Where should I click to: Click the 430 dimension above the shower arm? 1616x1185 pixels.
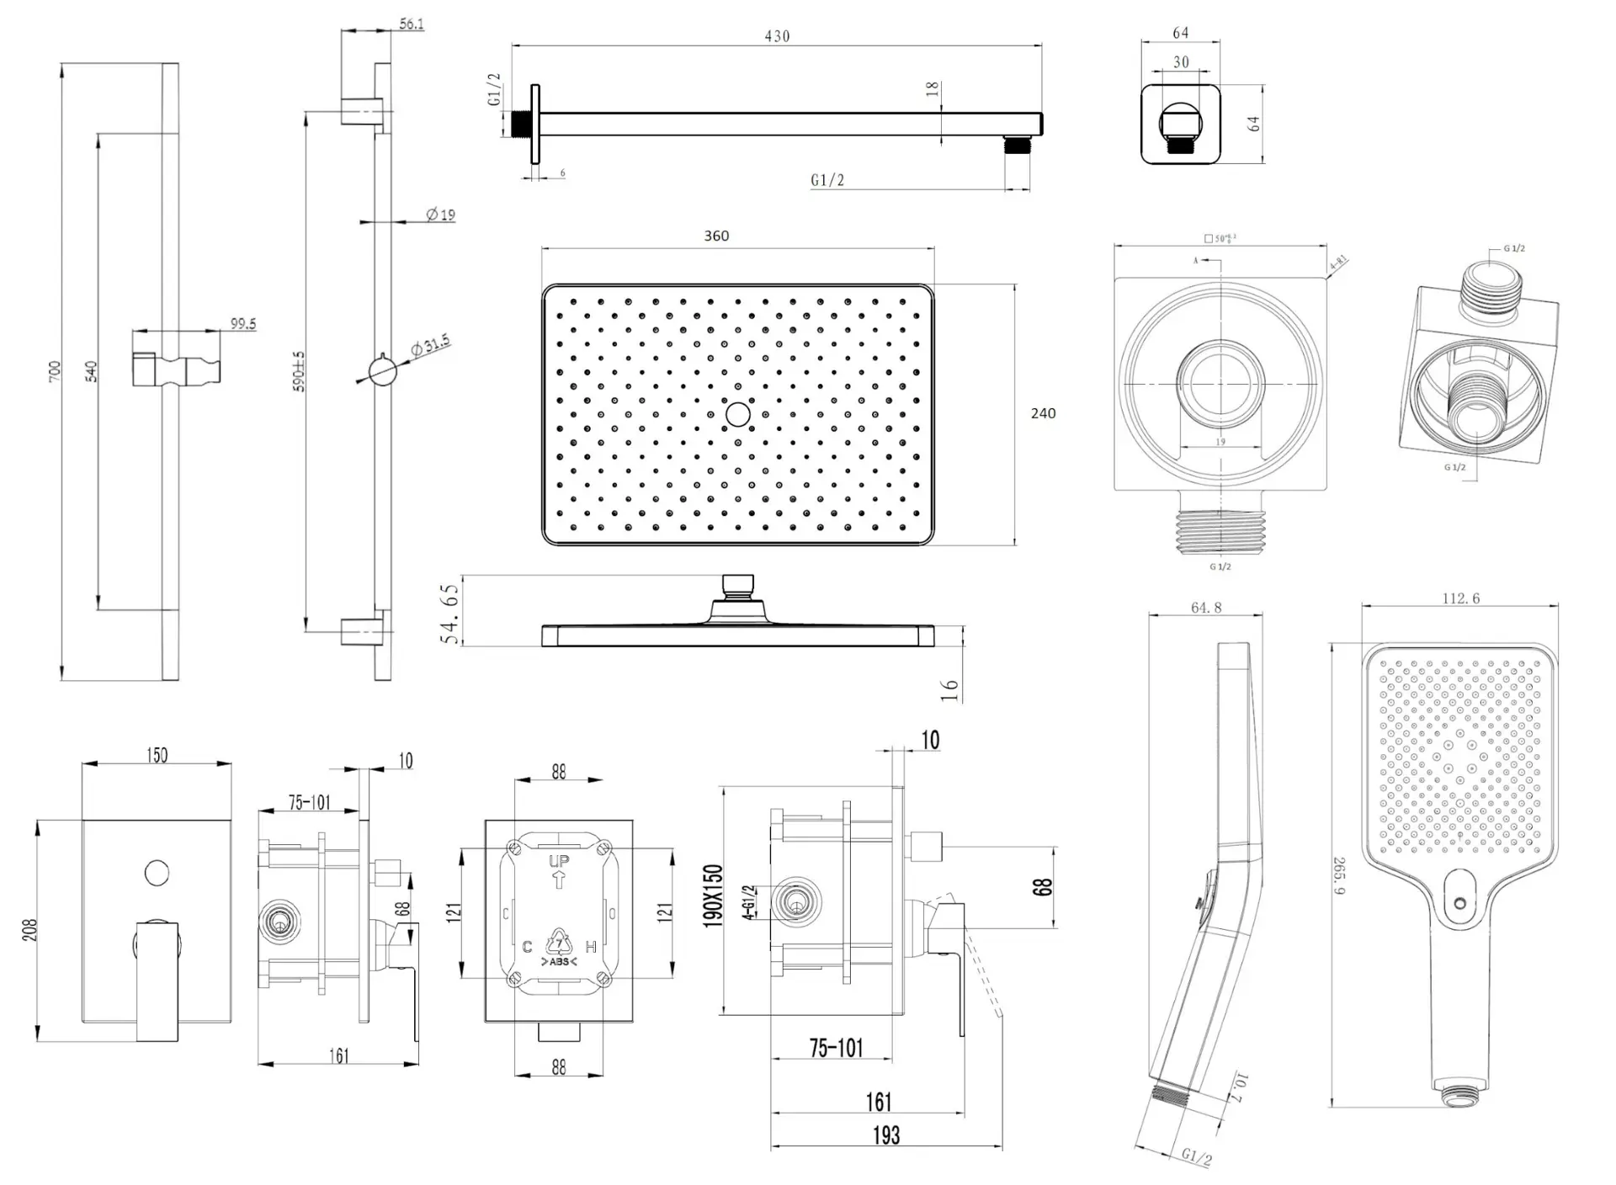[x=777, y=36]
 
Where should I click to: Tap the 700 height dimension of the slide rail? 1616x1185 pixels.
[x=55, y=371]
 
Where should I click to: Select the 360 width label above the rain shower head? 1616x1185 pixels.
[x=716, y=236]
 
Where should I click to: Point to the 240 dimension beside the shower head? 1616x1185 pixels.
[x=1043, y=413]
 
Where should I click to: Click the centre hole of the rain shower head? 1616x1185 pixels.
[x=738, y=414]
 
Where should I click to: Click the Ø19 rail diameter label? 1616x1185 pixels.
[x=440, y=215]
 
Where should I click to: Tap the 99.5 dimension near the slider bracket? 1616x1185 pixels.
[x=242, y=324]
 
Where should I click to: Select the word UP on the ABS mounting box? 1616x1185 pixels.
[x=559, y=861]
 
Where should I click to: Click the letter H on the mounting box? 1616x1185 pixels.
[x=591, y=947]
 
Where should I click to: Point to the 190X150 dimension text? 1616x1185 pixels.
[x=713, y=896]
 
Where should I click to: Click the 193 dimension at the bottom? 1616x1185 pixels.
[x=886, y=1135]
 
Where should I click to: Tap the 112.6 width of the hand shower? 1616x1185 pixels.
[x=1460, y=598]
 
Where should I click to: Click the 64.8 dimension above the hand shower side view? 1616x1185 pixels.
[x=1206, y=607]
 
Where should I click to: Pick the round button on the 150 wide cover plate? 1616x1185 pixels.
[x=157, y=873]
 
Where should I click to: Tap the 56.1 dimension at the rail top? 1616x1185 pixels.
[x=411, y=24]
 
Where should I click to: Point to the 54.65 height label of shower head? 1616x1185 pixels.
[x=451, y=614]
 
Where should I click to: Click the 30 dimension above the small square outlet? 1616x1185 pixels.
[x=1181, y=62]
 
